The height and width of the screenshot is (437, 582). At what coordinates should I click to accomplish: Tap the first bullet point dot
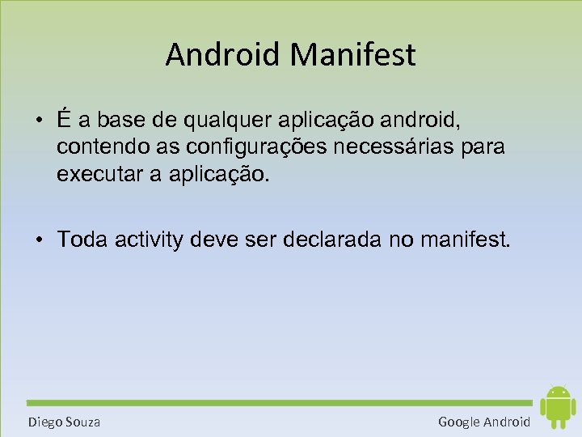pos(39,121)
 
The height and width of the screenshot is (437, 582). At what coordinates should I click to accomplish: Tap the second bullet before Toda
pos(39,240)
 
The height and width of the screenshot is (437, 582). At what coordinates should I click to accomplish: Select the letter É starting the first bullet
pos(63,120)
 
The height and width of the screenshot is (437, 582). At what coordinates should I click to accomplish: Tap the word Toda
pos(82,240)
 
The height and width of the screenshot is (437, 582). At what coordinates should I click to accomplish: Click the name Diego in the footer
pos(45,422)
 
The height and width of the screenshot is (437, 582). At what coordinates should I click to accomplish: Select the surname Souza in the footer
pos(83,422)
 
